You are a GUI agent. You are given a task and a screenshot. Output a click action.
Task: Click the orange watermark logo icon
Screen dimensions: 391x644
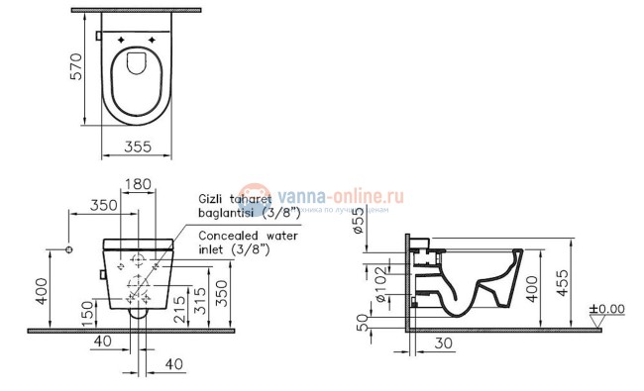click(256, 197)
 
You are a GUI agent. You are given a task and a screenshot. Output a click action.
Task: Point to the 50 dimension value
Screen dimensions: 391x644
click(363, 321)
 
